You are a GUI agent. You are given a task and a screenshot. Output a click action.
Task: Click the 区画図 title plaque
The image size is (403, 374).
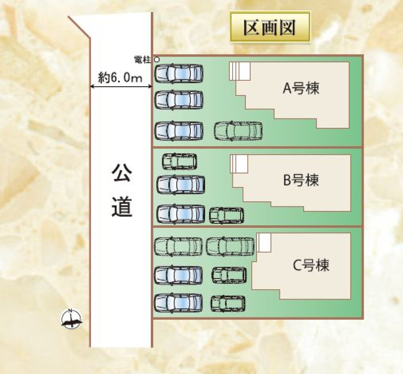click(270, 28)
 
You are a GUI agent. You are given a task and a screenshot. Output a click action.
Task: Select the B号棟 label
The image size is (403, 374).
click(301, 181)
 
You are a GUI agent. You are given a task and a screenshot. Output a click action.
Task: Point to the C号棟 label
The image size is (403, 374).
click(311, 265)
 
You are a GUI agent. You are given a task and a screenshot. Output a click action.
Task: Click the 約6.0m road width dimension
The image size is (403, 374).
click(120, 78)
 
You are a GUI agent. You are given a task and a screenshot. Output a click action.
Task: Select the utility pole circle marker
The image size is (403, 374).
click(156, 59)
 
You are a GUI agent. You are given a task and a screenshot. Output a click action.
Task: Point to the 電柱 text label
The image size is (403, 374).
click(143, 59)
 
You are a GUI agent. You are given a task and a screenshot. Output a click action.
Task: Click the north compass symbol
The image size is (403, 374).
click(72, 319)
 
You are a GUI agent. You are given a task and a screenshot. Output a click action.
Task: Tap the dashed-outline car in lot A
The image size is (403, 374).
click(238, 130)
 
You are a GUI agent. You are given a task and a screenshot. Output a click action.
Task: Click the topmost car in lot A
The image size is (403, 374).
click(179, 73)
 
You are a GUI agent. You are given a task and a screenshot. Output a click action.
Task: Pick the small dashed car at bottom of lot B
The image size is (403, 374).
click(227, 215)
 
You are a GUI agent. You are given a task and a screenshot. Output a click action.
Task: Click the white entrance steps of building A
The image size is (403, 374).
click(240, 71)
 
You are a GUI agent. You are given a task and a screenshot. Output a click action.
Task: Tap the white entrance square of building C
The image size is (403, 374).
click(264, 243)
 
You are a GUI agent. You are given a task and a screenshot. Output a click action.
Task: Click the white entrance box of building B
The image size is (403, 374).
click(239, 164)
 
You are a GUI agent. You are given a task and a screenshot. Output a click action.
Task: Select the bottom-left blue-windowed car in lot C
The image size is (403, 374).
click(178, 303)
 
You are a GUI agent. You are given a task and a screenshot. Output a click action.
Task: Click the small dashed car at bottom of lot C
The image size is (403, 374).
click(228, 303)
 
